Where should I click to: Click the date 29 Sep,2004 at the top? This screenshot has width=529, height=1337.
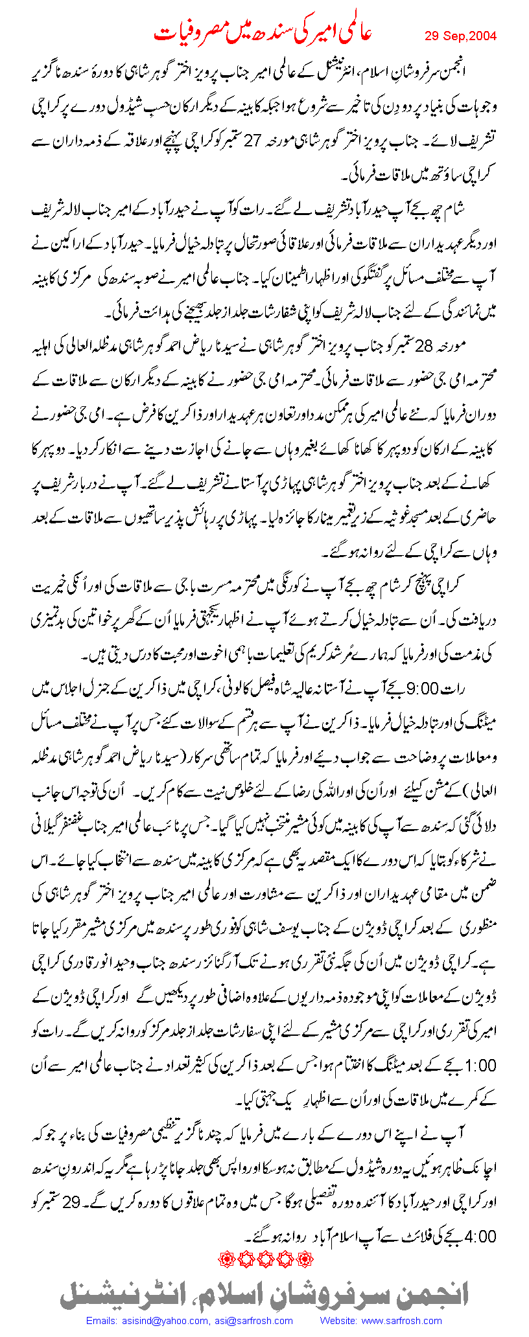pyautogui.click(x=460, y=36)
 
